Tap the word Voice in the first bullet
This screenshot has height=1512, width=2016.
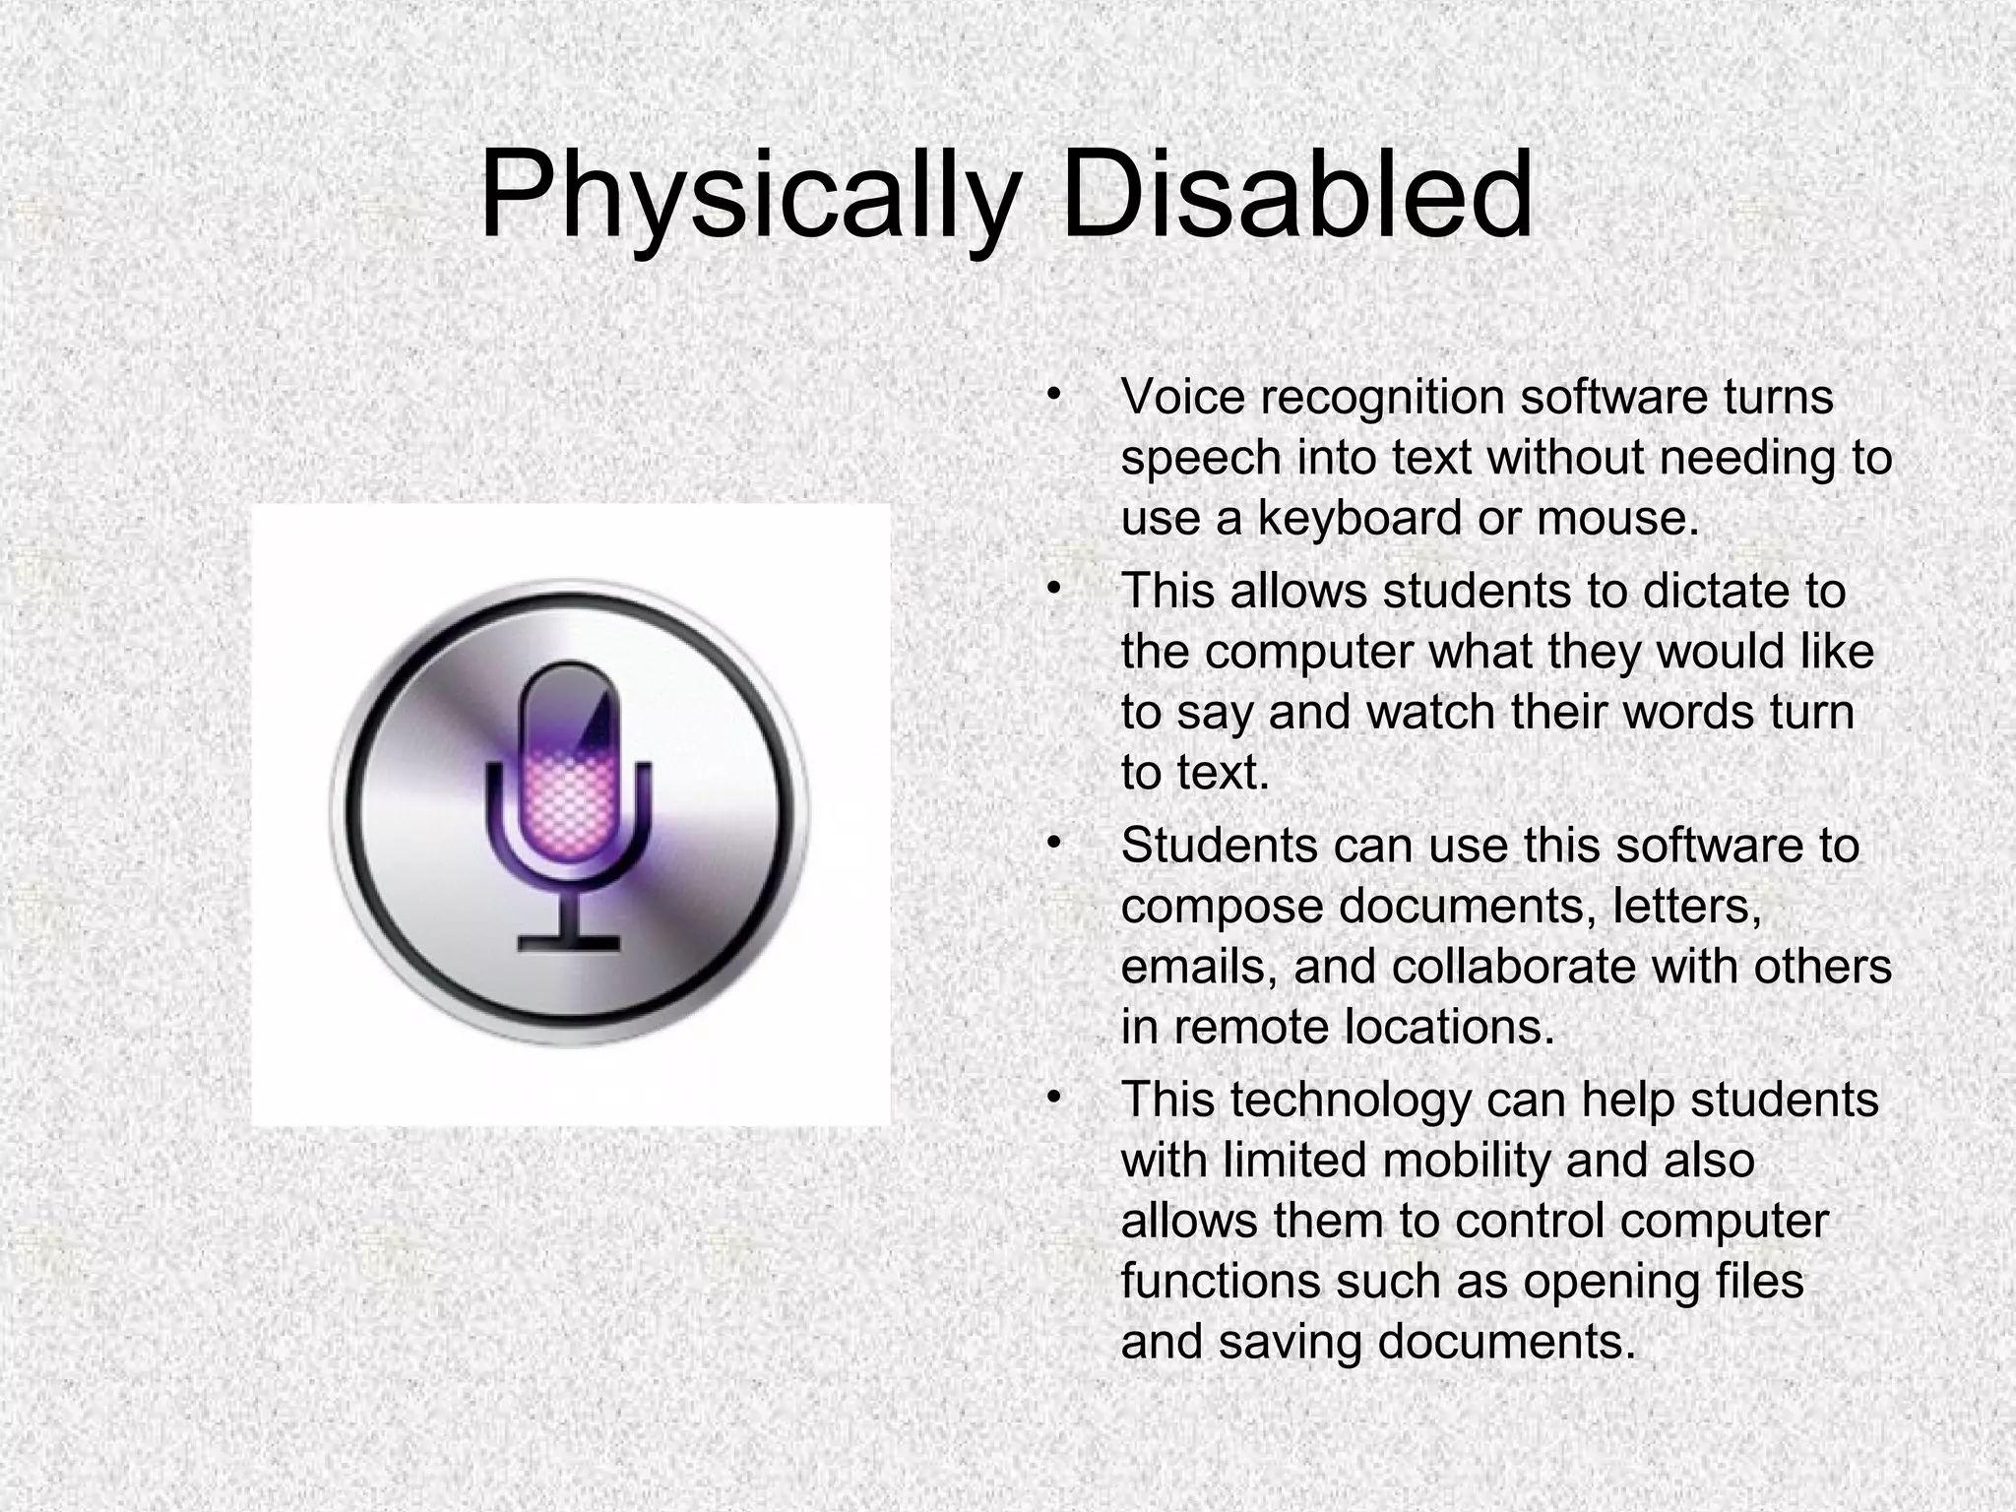[x=1181, y=397]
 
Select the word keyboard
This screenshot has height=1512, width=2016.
[x=1359, y=519]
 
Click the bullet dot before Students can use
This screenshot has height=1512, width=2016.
[x=1053, y=844]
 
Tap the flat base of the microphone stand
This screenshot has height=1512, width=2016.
[x=569, y=943]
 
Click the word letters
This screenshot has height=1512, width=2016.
[x=1687, y=906]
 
